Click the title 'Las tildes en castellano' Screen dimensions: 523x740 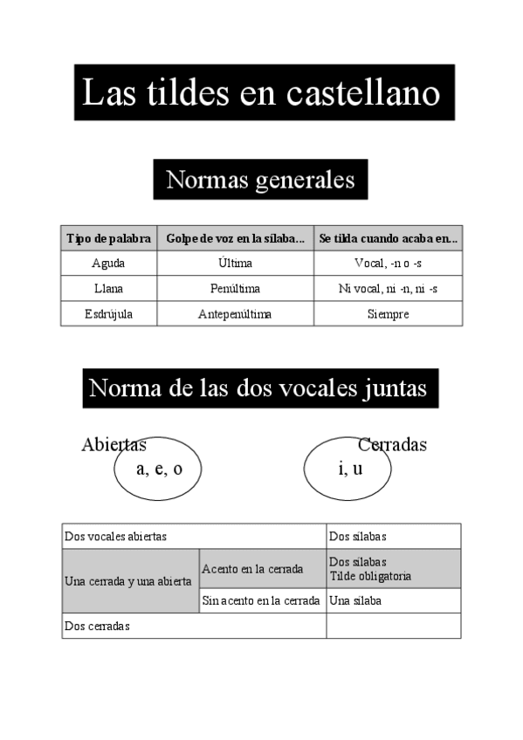(x=261, y=92)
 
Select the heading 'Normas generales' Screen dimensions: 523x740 (x=260, y=180)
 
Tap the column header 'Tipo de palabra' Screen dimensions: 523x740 (x=108, y=238)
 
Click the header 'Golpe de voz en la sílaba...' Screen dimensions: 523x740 (x=235, y=238)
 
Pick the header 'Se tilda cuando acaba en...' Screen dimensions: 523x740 (x=388, y=238)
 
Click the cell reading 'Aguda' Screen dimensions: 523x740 (x=108, y=264)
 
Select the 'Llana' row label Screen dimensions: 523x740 (x=108, y=289)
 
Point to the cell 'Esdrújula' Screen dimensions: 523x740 (x=108, y=314)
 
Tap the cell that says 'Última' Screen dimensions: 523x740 (x=235, y=264)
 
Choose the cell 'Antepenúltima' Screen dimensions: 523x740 (x=235, y=314)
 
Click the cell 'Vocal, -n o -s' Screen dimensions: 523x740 (x=388, y=264)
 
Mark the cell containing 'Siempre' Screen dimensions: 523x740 (x=388, y=314)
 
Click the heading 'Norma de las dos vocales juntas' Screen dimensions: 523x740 (x=260, y=387)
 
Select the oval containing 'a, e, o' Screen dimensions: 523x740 (x=158, y=469)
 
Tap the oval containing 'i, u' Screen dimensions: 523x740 (x=348, y=469)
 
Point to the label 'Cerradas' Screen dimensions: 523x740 (x=392, y=445)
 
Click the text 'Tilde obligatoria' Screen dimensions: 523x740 (x=370, y=577)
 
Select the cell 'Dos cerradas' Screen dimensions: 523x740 (x=97, y=626)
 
